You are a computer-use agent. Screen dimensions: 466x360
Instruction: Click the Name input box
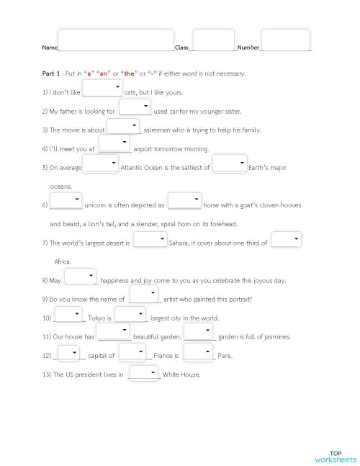pyautogui.click(x=116, y=40)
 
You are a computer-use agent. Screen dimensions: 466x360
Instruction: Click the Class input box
pyautogui.click(x=214, y=40)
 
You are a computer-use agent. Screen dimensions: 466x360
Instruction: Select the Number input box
pyautogui.click(x=285, y=40)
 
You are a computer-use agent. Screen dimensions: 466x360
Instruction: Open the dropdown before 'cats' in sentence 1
pyautogui.click(x=103, y=89)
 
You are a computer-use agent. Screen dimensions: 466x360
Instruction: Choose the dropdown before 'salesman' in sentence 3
pyautogui.click(x=122, y=127)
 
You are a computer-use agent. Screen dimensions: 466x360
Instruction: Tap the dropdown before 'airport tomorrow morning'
pyautogui.click(x=114, y=145)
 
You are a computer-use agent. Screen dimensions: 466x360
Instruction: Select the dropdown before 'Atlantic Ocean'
pyautogui.click(x=102, y=164)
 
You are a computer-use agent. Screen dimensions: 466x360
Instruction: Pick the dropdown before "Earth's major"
pyautogui.click(x=230, y=164)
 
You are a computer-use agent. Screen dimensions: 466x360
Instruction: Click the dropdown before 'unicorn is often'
pyautogui.click(x=66, y=202)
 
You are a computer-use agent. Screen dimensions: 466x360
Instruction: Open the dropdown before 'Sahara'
pyautogui.click(x=150, y=240)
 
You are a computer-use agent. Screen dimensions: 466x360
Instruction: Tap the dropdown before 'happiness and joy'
pyautogui.click(x=80, y=277)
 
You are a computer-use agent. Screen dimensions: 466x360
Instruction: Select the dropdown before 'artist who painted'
pyautogui.click(x=144, y=295)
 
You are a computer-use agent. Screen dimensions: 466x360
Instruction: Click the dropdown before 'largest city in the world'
pyautogui.click(x=130, y=315)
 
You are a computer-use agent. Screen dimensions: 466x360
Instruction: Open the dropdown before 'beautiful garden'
pyautogui.click(x=114, y=333)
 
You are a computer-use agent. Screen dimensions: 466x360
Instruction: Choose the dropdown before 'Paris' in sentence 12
pyautogui.click(x=199, y=352)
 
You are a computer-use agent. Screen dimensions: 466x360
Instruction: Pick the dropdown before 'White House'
pyautogui.click(x=143, y=372)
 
